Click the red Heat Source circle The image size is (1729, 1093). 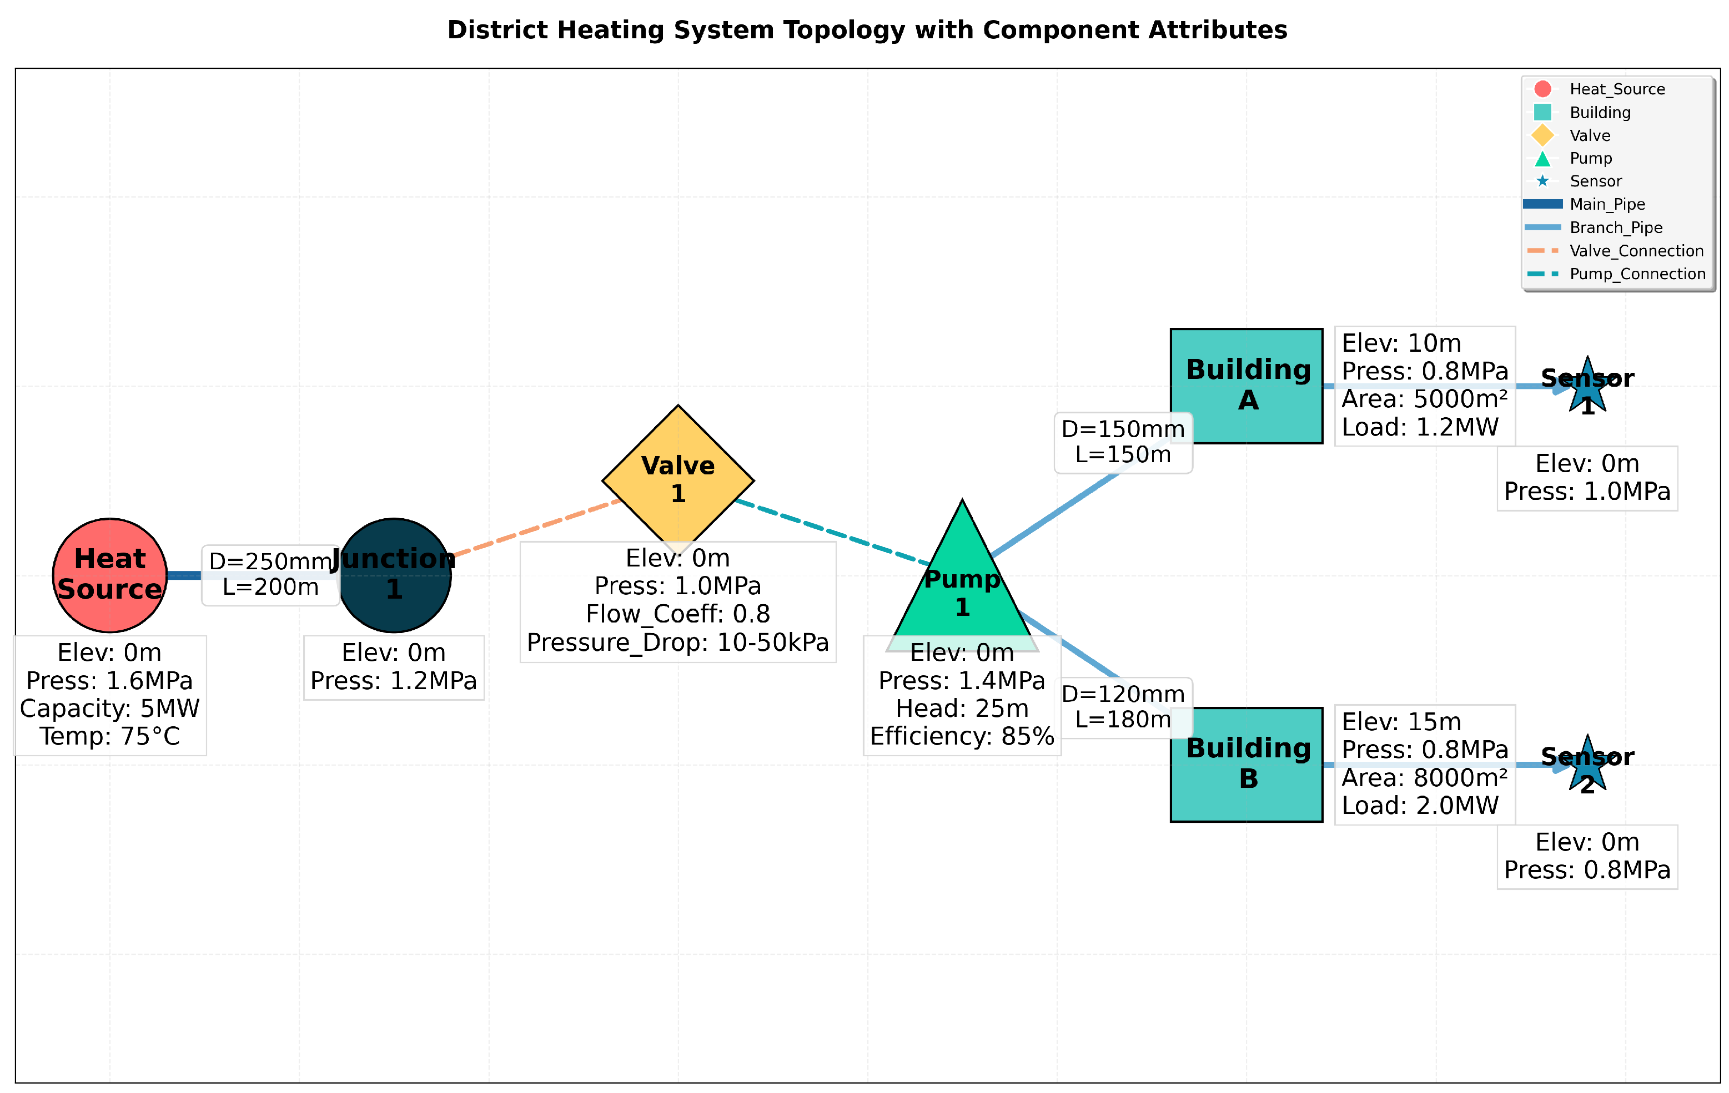click(x=110, y=575)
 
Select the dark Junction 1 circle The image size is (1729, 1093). click(x=394, y=575)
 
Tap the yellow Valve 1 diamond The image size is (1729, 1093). click(x=678, y=479)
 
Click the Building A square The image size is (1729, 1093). click(x=1246, y=386)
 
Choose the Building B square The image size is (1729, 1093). click(x=1246, y=765)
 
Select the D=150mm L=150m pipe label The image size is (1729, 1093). click(x=1123, y=442)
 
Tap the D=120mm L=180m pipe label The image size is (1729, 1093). click(x=1123, y=707)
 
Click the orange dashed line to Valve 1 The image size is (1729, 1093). click(x=535, y=528)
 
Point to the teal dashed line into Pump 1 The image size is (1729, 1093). click(x=833, y=532)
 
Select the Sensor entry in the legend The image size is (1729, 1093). click(x=1595, y=181)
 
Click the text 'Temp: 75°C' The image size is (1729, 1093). click(x=110, y=736)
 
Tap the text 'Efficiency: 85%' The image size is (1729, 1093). click(x=962, y=736)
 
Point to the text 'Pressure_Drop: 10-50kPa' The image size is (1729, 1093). click(x=678, y=642)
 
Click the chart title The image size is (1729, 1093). click(x=867, y=30)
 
